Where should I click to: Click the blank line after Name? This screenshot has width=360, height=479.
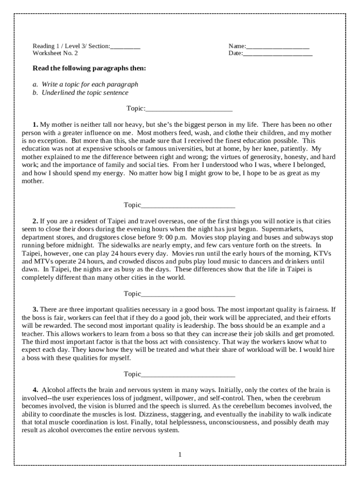click(277, 46)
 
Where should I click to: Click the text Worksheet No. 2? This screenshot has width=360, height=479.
click(55, 53)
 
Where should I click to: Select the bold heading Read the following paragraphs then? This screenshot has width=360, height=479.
click(89, 68)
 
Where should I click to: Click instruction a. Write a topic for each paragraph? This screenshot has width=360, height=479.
click(86, 85)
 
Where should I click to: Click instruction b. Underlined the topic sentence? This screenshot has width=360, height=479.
click(80, 93)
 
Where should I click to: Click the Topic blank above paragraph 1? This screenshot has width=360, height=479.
click(189, 109)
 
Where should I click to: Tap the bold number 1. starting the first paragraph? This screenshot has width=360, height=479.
click(35, 125)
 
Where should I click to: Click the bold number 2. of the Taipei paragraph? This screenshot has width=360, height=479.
click(35, 221)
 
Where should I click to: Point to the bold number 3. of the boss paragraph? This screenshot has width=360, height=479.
click(35, 310)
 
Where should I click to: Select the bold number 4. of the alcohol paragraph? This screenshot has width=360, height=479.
click(36, 390)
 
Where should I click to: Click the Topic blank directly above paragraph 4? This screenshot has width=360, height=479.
click(187, 375)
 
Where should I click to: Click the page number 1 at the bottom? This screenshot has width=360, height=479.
click(180, 454)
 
